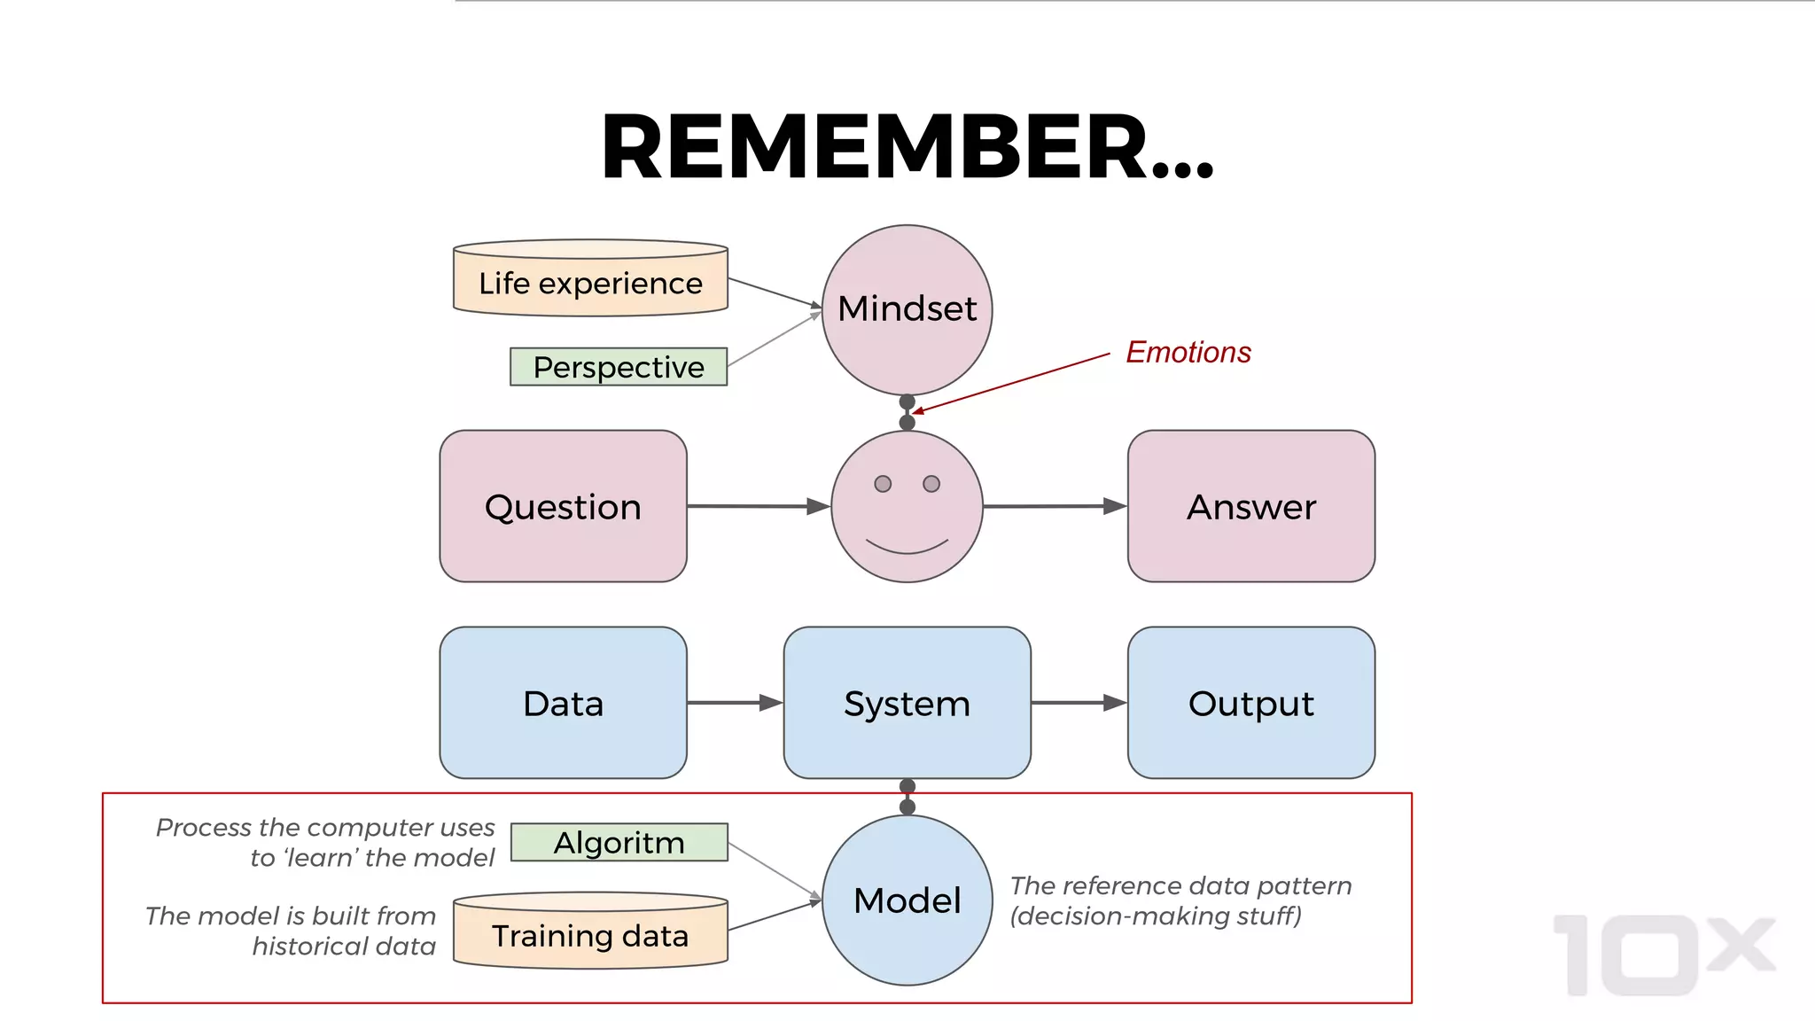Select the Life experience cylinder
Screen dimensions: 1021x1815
tap(590, 282)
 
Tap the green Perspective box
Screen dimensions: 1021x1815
tap(618, 367)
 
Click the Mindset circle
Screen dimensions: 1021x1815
tap(907, 308)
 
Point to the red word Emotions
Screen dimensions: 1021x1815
tap(1188, 352)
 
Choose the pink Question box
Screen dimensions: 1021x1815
tap(563, 506)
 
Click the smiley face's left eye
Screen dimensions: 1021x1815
tap(883, 484)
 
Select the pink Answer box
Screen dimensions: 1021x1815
tap(1250, 506)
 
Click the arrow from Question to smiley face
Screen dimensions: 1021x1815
tap(758, 506)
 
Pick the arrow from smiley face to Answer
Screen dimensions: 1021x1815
tap(1055, 506)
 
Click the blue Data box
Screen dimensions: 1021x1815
tap(563, 703)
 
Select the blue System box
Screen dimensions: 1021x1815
tap(907, 703)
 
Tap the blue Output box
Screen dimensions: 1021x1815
tap(1250, 703)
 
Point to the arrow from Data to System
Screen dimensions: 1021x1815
tap(735, 703)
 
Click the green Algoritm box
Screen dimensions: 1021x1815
tap(619, 842)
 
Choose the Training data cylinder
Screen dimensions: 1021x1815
tap(590, 935)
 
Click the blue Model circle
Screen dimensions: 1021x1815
tap(907, 900)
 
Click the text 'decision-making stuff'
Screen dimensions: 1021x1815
tap(1157, 916)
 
